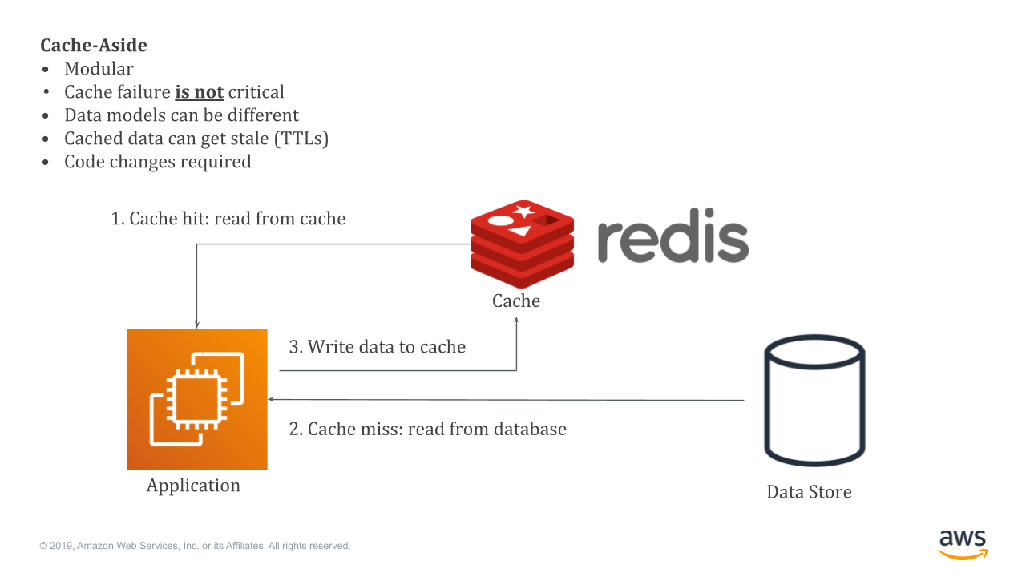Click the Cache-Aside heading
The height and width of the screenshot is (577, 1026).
pos(94,46)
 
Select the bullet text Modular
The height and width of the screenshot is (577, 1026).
pos(99,69)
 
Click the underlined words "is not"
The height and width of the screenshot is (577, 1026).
pos(199,92)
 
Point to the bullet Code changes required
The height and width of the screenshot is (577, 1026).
pos(158,162)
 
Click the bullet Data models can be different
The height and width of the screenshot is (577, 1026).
pos(181,115)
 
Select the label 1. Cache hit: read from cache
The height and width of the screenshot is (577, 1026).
pos(228,219)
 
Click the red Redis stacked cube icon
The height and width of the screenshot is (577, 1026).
pos(522,244)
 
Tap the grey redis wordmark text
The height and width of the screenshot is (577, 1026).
pos(673,240)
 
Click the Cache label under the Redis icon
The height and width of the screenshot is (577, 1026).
pos(516,301)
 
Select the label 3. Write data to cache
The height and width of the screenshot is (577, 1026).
pos(377,347)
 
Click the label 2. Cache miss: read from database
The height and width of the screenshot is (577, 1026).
pos(427,430)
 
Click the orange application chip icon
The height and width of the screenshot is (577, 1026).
pos(196,399)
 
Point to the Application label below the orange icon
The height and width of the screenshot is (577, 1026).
pos(193,486)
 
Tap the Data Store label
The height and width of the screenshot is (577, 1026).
pos(809,492)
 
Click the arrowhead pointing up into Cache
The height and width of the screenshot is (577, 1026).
pos(516,320)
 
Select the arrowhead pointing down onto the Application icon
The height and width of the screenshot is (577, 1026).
pos(196,325)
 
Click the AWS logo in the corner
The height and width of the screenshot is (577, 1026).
pos(963,543)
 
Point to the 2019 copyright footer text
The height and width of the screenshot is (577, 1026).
pos(195,546)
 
